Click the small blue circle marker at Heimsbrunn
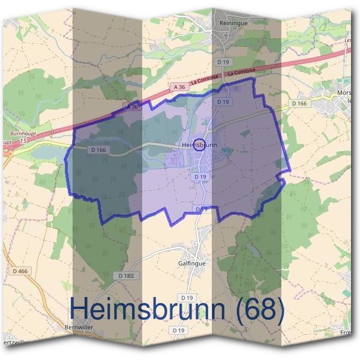(x=201, y=144)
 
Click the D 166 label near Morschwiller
(x=299, y=104)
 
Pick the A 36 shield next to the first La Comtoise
(x=178, y=86)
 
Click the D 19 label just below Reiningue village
(x=224, y=62)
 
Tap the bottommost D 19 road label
(x=178, y=330)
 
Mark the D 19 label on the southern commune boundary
(x=202, y=209)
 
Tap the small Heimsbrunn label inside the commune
(x=198, y=145)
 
